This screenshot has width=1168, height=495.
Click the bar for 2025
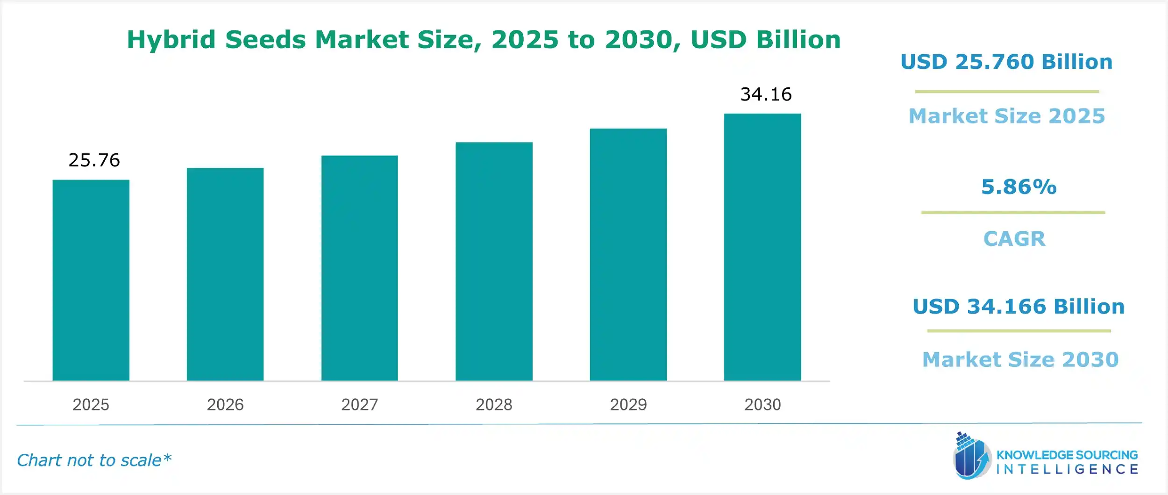(x=91, y=280)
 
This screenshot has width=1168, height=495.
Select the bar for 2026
(x=225, y=274)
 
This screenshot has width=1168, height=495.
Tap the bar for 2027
(x=359, y=268)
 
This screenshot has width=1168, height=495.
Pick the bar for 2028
(x=494, y=262)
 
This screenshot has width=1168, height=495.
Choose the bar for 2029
(x=628, y=255)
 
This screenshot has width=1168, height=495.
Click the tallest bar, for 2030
(x=762, y=247)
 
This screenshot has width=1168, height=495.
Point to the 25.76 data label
(x=94, y=160)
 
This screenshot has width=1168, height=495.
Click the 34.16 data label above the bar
(x=766, y=94)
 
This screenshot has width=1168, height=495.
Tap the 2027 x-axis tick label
(x=359, y=404)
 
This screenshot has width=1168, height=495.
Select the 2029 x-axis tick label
(x=628, y=404)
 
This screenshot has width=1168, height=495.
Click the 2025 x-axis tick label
(x=91, y=404)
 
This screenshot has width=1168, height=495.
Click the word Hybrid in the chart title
(x=171, y=40)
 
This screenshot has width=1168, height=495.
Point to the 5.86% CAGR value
(x=1018, y=187)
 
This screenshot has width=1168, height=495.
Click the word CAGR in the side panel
(x=1014, y=239)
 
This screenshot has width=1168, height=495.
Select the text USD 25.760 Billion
(x=1006, y=62)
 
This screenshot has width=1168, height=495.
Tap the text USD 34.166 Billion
(x=1018, y=307)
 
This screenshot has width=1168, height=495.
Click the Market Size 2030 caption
(x=1020, y=359)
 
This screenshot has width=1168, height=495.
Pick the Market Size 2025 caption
(x=1006, y=116)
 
